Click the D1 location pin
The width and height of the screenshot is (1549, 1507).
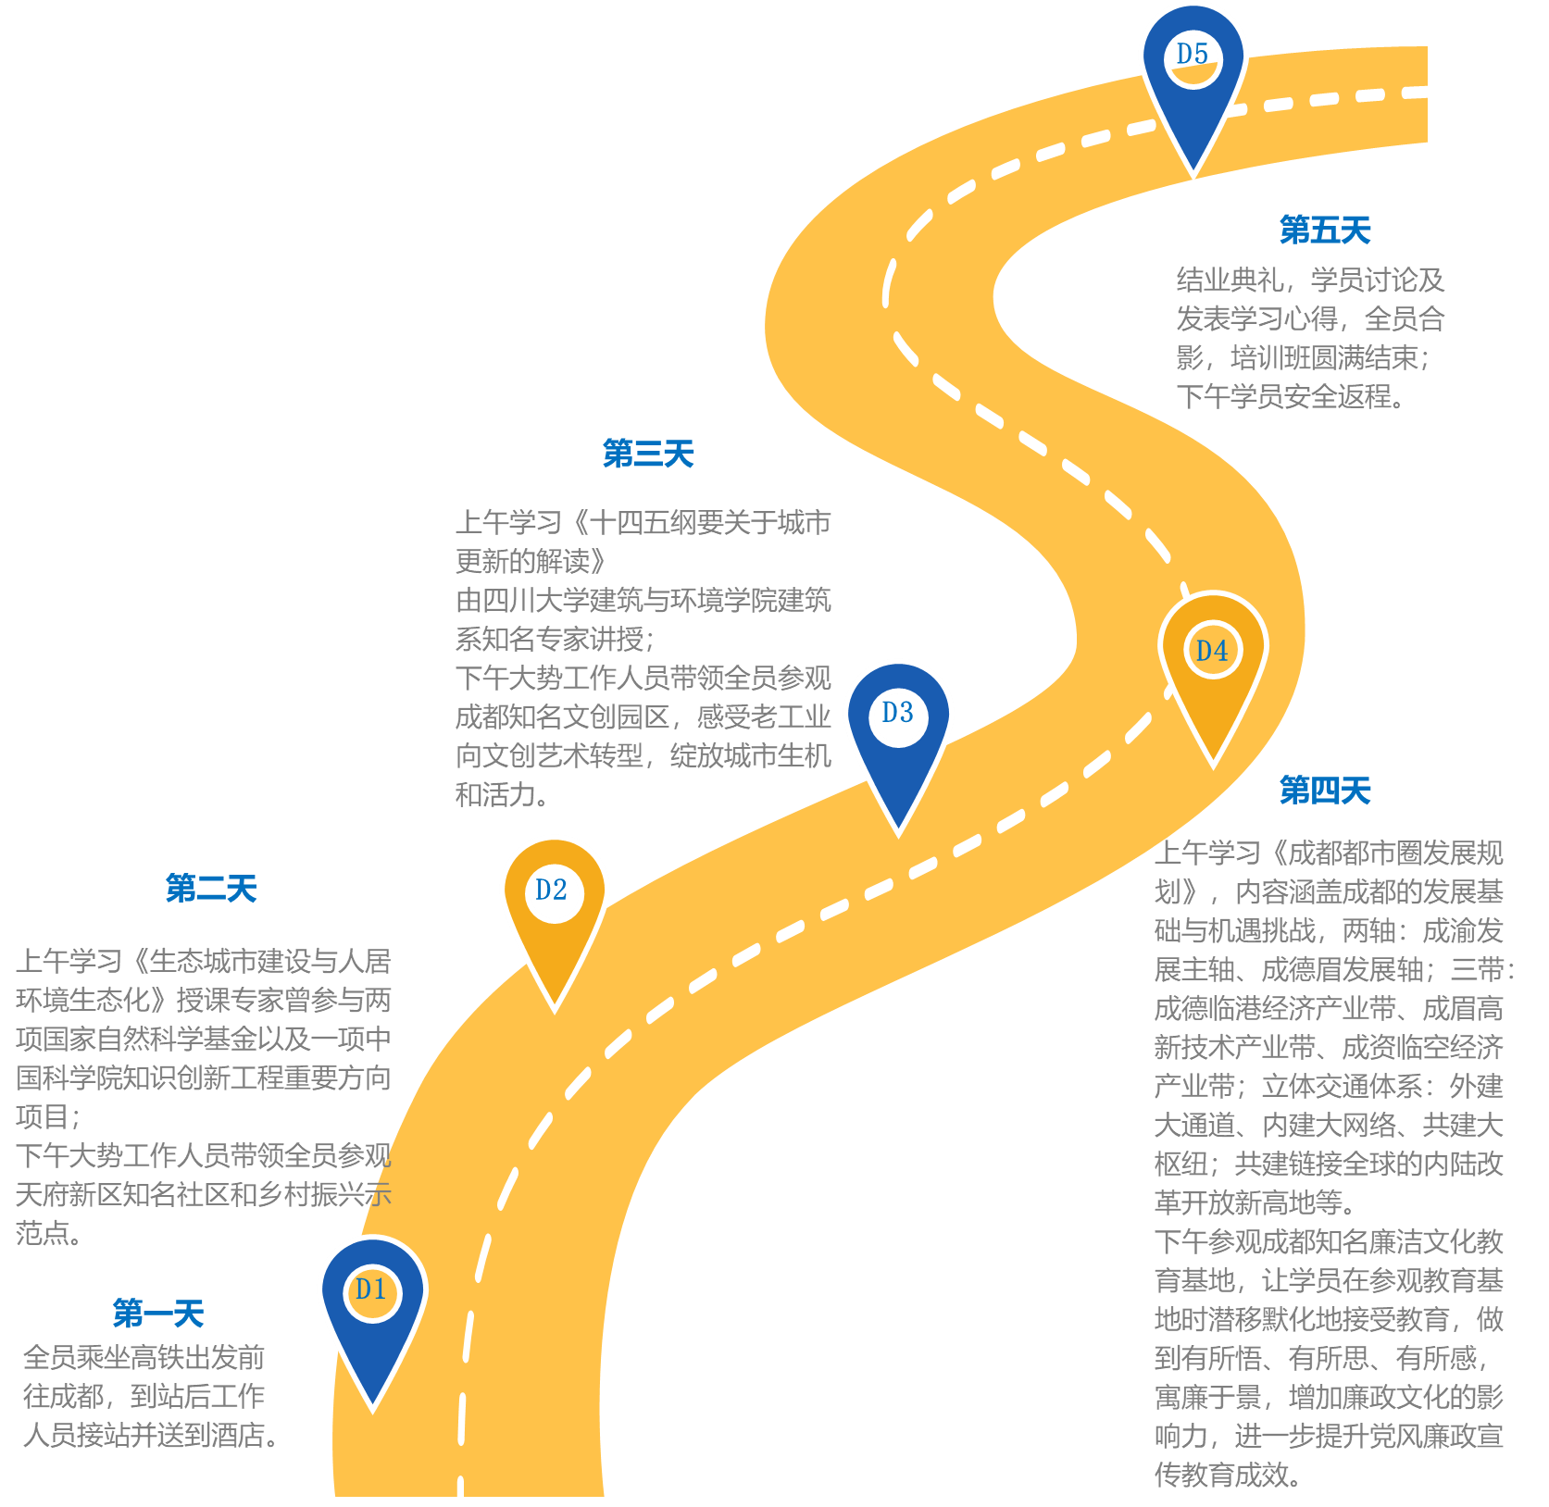coord(373,1314)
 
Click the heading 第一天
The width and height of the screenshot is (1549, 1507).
coord(158,1313)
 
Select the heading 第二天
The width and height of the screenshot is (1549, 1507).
coord(211,889)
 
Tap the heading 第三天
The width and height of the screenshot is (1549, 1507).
coord(648,454)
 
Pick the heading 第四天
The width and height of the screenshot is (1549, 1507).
coord(1325,791)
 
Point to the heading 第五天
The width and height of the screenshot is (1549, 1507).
coord(1325,230)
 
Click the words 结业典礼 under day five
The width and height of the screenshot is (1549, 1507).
coord(1230,280)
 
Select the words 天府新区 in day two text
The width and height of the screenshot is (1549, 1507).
coord(69,1194)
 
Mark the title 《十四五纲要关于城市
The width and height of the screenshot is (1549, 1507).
coord(697,522)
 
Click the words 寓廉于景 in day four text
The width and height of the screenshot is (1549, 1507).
coord(1208,1396)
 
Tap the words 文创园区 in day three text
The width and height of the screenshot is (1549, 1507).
coord(616,716)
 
